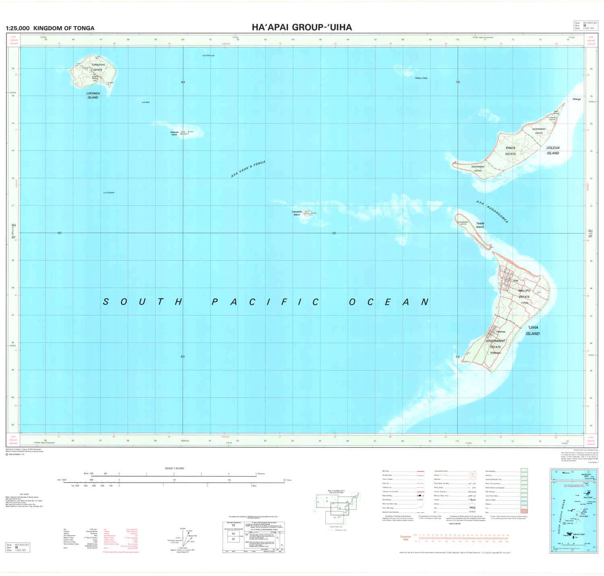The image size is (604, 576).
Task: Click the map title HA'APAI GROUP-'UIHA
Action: point(302,27)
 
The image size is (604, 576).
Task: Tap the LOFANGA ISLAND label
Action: point(93,95)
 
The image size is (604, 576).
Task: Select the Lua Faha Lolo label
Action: point(208,56)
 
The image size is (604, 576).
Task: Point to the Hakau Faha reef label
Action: point(421,78)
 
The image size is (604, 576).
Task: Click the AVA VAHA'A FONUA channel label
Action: point(248,169)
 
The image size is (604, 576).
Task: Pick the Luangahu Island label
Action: point(297,213)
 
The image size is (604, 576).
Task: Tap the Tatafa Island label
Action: point(480,225)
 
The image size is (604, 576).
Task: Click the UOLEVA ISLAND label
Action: point(553,151)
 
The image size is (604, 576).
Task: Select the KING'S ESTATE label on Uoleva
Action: point(511,151)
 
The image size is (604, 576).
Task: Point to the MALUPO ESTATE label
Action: point(524,294)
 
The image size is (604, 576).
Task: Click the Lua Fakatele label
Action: point(109,193)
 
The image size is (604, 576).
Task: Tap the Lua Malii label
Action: point(145,103)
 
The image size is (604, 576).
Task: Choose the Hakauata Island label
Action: point(174,133)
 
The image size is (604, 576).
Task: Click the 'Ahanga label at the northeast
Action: point(576,99)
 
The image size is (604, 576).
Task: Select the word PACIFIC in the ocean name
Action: point(265,302)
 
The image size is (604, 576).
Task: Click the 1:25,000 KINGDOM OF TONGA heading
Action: point(50,28)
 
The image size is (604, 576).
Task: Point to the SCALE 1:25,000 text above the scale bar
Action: point(174,468)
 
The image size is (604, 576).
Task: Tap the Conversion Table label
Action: point(405,538)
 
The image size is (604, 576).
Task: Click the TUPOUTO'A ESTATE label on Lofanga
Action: point(98,67)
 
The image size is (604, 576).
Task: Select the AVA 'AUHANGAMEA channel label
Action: point(492,212)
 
